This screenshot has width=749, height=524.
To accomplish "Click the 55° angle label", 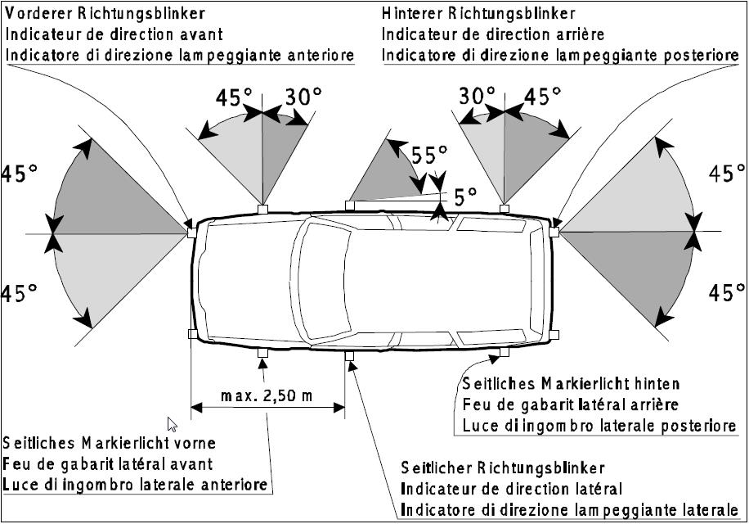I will pos(429,156).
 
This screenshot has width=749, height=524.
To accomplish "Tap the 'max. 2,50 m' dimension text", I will pos(267,396).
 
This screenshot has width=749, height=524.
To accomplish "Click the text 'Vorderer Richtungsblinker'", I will pos(105,14).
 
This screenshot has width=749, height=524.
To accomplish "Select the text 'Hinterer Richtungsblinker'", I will pos(478,14).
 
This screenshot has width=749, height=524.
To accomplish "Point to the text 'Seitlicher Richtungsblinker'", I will pos(503,468).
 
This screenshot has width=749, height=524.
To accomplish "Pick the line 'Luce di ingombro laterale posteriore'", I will pos(599,426).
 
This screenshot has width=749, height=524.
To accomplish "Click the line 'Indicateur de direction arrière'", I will pos(493,34).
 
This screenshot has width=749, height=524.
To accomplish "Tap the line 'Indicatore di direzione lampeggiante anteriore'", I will pos(180,55).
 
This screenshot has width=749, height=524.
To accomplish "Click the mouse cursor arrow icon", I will pos(172,423).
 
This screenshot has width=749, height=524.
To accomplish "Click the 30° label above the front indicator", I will pos(303,97).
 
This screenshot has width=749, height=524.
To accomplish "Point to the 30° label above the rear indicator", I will pos(477,97).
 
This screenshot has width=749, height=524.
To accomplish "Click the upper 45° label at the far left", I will pos(20,174).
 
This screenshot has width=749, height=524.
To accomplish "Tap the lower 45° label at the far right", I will pos(726,292).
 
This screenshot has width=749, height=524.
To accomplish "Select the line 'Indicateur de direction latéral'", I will pos(511,490).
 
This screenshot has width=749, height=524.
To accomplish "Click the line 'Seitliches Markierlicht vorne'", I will pos(109,444).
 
